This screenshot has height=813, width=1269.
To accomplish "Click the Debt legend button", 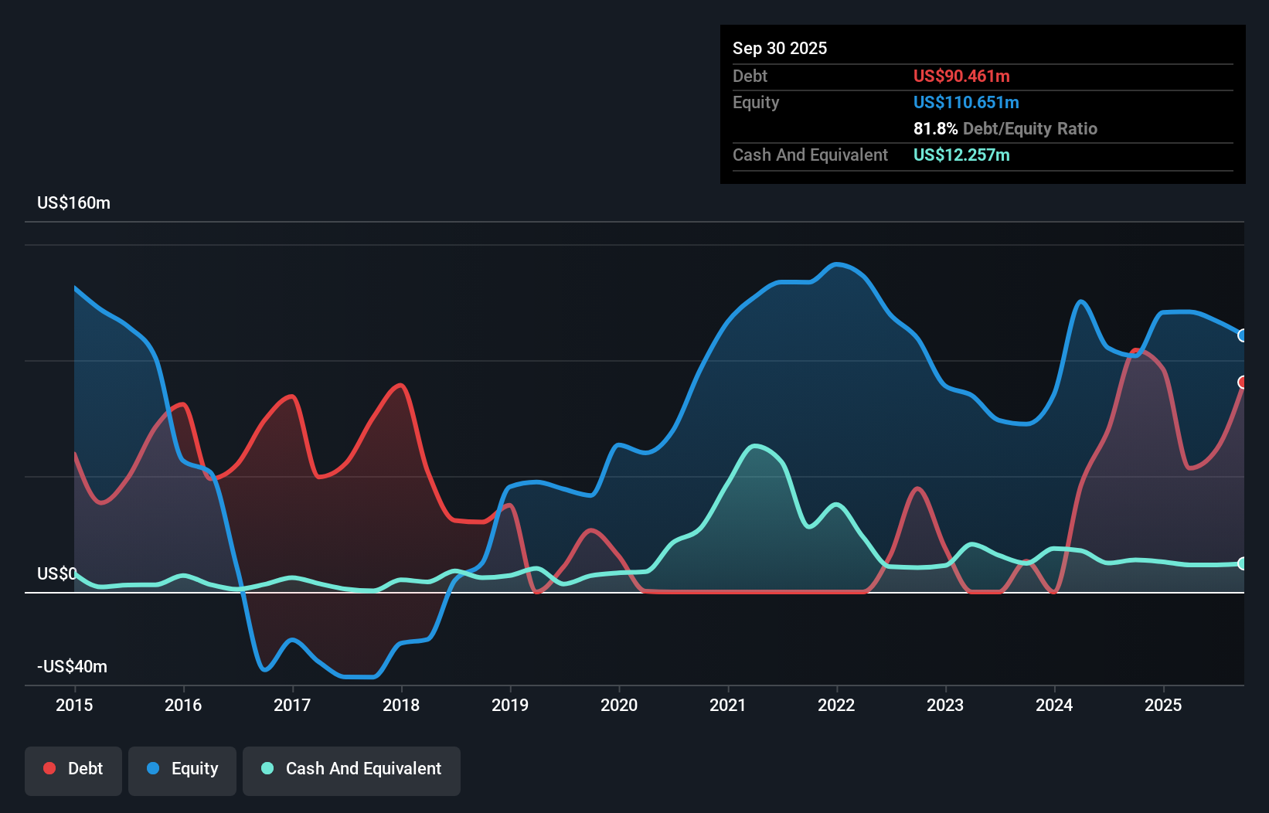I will click(73, 769).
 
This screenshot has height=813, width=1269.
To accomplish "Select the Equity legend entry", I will click(182, 769).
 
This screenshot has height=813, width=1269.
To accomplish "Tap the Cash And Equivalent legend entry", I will click(352, 769).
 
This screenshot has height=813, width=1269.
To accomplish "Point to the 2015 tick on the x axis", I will click(74, 705).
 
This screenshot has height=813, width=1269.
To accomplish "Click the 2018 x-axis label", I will click(401, 705).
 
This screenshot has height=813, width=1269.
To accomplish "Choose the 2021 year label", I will click(728, 705).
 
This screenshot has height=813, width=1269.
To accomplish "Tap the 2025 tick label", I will click(1163, 705).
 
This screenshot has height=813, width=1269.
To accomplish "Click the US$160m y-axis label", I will click(73, 203).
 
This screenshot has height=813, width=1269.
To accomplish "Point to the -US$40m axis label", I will click(72, 667).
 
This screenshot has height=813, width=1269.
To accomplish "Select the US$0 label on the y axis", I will click(56, 573).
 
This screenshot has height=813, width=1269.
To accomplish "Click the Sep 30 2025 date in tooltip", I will click(779, 49).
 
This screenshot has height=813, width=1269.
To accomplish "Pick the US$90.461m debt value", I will click(961, 77).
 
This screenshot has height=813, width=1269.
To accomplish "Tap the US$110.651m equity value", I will click(965, 103).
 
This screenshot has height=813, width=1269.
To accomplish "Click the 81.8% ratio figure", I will click(935, 129).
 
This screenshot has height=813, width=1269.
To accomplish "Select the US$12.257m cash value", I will click(961, 155).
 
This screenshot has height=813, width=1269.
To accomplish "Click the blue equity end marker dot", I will click(1243, 335).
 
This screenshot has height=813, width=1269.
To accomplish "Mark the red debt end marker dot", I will click(1243, 383).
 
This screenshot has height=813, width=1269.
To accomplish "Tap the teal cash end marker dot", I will click(1243, 563).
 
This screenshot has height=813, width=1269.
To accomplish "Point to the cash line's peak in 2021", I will click(755, 446).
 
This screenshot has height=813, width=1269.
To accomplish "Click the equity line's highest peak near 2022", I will click(837, 264).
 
